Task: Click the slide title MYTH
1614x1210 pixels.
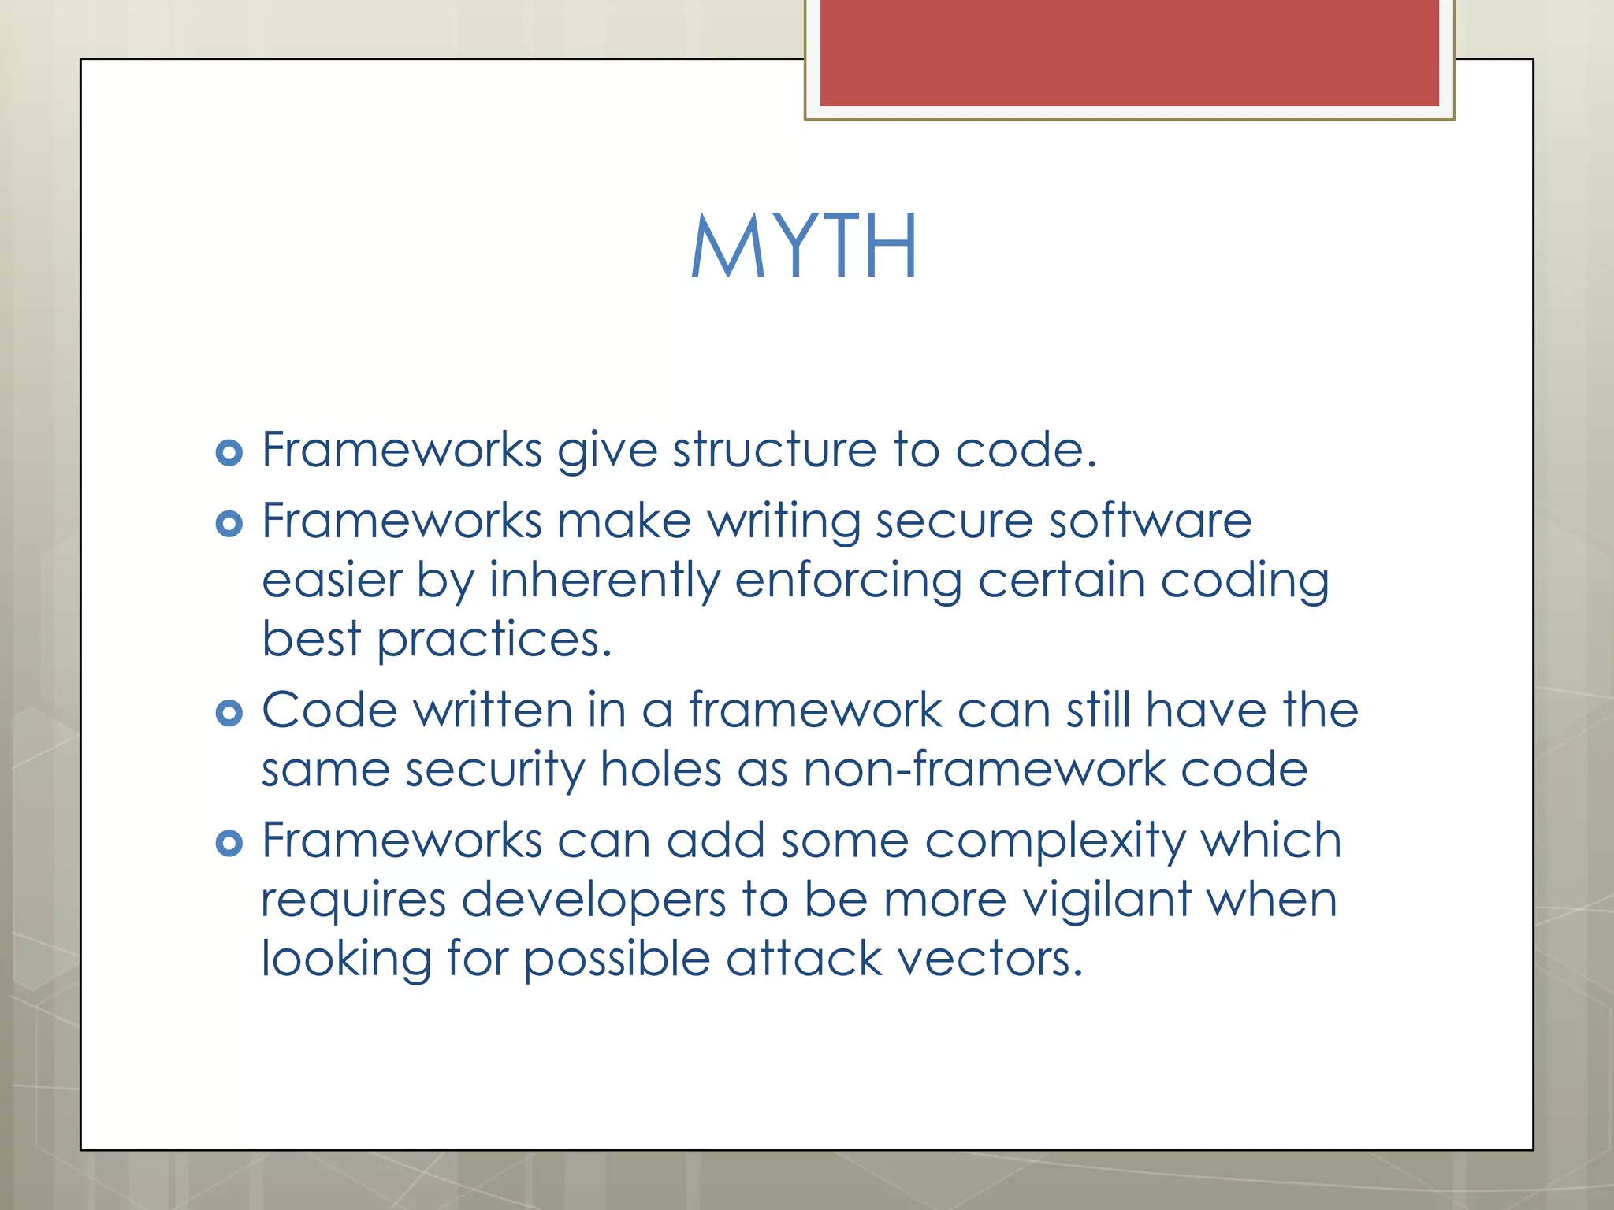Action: click(804, 247)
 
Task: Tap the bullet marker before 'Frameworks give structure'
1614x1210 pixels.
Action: click(229, 453)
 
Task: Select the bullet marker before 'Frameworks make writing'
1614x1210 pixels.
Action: click(229, 524)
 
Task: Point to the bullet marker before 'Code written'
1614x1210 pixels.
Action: click(229, 713)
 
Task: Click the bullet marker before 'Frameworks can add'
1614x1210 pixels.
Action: click(229, 844)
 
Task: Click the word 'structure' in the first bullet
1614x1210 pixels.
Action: click(774, 451)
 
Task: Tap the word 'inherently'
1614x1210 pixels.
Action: click(604, 581)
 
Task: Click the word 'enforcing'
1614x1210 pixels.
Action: click(848, 581)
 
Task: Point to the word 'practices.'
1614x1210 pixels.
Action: click(494, 640)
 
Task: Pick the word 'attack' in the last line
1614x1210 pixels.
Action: click(804, 959)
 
